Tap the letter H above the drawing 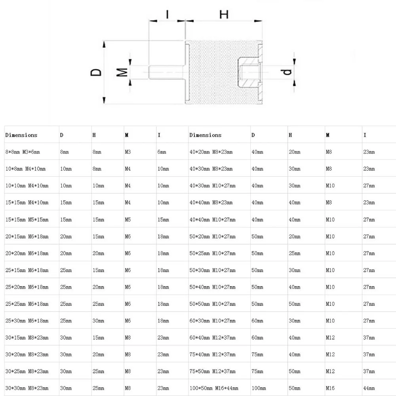[224, 15]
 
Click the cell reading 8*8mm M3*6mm [23, 152]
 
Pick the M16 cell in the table [330, 388]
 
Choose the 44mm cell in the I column [369, 388]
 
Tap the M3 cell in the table [128, 152]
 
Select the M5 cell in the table [128, 219]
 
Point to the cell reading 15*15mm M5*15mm [27, 219]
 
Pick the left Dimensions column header [21, 135]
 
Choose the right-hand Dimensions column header [205, 135]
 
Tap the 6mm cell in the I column [161, 152]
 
